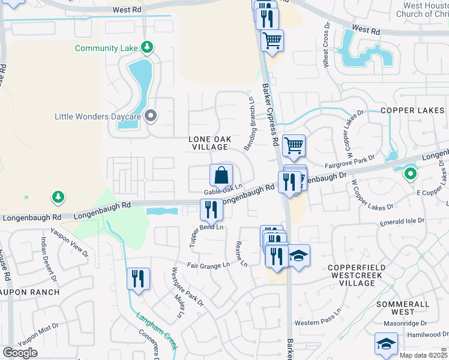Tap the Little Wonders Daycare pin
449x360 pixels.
click(151, 116)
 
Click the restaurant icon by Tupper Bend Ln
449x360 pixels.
click(211, 209)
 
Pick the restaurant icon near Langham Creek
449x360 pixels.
click(138, 278)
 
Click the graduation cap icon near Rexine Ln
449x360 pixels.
click(298, 256)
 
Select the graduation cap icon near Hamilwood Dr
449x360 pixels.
click(386, 343)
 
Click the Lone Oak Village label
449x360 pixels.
click(209, 143)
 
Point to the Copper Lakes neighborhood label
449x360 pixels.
click(411, 111)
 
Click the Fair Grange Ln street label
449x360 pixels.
click(209, 265)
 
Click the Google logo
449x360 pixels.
click(20, 353)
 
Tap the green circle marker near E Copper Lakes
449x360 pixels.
click(411, 175)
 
